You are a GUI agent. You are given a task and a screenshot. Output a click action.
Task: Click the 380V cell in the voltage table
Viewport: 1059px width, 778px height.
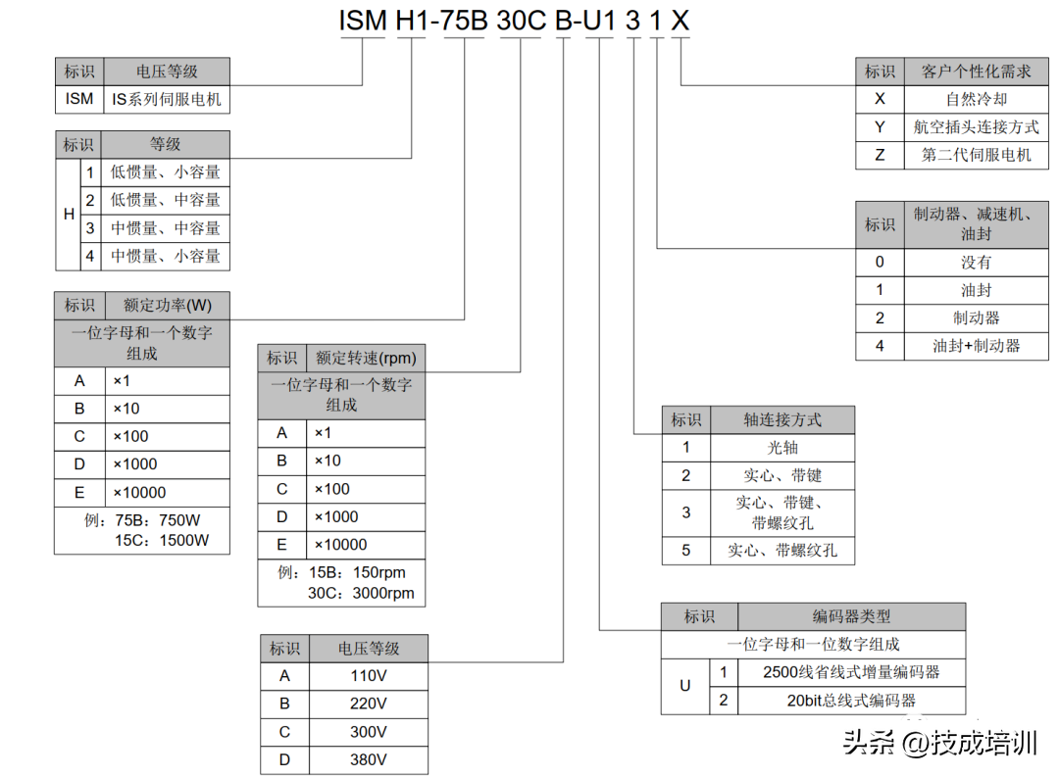click(369, 759)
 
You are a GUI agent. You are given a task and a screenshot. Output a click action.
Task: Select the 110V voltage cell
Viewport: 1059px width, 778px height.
click(369, 675)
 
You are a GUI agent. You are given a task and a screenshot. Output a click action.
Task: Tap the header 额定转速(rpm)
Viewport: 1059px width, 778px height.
click(366, 358)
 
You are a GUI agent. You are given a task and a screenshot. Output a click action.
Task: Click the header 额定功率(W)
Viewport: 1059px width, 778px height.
click(167, 305)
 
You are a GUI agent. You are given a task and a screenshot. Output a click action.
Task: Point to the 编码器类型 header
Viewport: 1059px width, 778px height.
click(851, 616)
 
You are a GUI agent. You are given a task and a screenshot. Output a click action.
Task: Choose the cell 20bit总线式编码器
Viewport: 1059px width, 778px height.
click(851, 700)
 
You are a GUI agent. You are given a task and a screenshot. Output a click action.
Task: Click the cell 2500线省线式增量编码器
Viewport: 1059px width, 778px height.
click(851, 672)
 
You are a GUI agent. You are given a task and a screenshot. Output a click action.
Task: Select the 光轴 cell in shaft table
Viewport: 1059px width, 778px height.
click(782, 448)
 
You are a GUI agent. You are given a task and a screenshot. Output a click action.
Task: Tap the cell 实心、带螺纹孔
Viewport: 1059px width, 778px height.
click(782, 550)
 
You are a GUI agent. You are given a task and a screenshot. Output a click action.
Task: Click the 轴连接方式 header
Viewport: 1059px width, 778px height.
click(782, 419)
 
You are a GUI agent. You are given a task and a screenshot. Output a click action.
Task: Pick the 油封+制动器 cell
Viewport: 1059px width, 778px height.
click(976, 346)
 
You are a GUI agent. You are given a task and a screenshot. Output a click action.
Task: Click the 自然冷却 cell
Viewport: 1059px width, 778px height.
click(976, 99)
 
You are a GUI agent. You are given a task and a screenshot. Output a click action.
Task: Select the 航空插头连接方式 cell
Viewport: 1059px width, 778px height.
click(976, 127)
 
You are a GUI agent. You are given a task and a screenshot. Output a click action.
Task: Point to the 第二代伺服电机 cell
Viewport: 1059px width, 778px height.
click(976, 155)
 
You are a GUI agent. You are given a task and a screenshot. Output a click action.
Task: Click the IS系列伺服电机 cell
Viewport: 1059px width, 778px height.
click(166, 99)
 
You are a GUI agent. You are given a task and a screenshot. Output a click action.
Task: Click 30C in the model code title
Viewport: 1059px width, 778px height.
click(521, 21)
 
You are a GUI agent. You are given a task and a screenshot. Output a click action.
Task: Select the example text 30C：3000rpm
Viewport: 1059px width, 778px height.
click(361, 593)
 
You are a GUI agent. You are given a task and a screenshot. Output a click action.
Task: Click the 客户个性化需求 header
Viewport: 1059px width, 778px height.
click(976, 72)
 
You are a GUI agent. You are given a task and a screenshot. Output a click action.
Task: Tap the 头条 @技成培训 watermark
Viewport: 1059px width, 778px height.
click(939, 742)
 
